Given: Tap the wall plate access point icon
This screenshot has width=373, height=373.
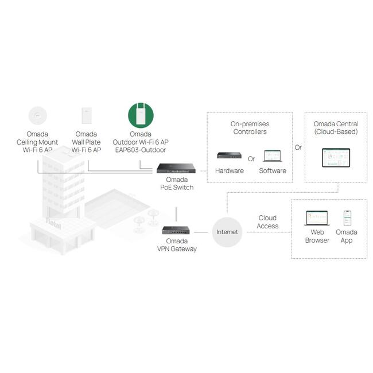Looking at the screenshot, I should [87, 116].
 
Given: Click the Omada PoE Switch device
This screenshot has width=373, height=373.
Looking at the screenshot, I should [177, 168].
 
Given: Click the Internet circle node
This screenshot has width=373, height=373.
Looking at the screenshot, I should [227, 232].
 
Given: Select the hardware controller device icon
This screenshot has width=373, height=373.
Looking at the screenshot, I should [229, 156].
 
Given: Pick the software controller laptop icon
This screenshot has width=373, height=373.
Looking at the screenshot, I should [272, 156].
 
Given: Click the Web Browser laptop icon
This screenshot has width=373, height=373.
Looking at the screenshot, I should [317, 218].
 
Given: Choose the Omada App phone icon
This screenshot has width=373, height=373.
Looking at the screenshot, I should [347, 218].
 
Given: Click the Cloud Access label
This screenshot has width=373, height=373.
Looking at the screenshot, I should [267, 222].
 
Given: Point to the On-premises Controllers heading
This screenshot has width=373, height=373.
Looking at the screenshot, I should [250, 127].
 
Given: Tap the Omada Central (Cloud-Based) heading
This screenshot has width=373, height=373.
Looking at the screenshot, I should [336, 127].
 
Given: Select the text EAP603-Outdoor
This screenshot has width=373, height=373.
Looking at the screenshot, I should [141, 150].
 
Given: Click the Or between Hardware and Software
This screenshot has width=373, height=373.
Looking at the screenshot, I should [251, 159].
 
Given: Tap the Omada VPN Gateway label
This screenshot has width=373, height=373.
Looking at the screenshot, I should [177, 245].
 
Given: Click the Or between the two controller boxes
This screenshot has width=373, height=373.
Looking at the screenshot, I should [298, 147].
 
